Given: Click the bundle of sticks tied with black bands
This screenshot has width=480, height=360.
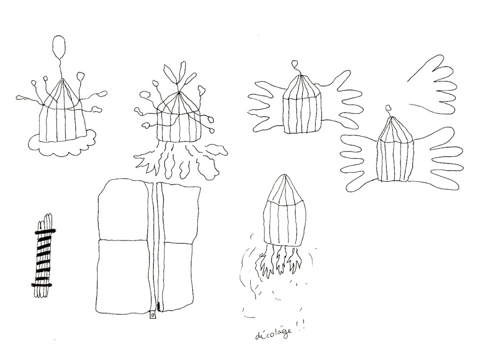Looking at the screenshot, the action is pyautogui.click(x=44, y=255).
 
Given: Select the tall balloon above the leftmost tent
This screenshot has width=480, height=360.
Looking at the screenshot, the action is pyautogui.click(x=59, y=47).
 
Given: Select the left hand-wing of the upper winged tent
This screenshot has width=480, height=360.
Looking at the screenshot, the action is pyautogui.click(x=266, y=106).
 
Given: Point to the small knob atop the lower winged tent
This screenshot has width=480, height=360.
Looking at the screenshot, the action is pyautogui.click(x=389, y=108).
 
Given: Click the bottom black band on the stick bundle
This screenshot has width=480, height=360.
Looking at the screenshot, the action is pyautogui.click(x=42, y=285).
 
